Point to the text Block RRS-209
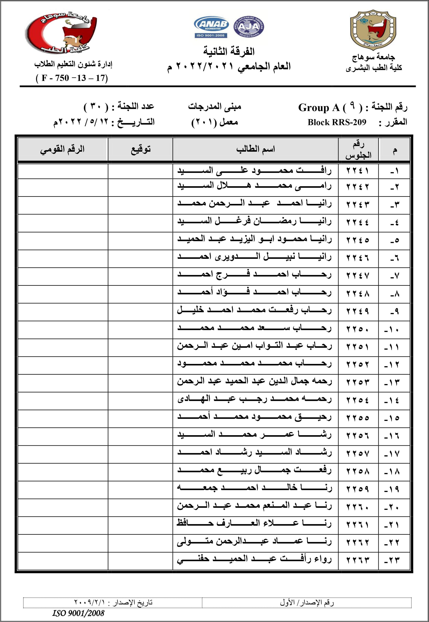(337, 122)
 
